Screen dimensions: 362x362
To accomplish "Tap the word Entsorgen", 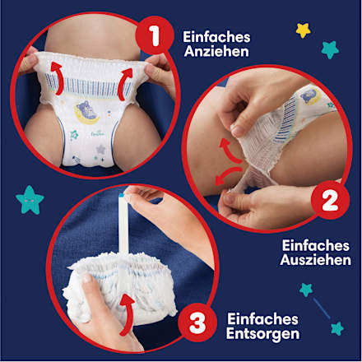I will coord(264,334).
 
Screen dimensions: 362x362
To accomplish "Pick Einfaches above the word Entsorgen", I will coord(264,318).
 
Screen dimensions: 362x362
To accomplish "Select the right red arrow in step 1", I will coord(126,81).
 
